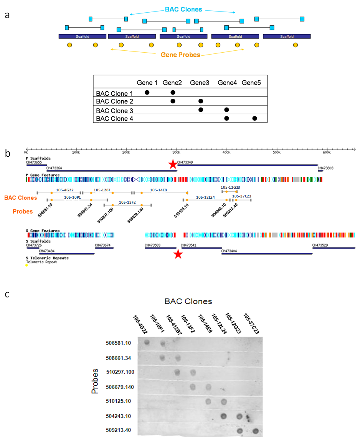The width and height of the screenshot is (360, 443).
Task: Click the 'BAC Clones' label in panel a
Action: tap(183, 9)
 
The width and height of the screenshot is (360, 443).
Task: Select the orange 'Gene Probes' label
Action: tap(180, 55)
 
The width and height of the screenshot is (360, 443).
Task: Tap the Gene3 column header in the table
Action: tap(200, 83)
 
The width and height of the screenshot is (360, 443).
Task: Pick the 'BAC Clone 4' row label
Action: tap(114, 119)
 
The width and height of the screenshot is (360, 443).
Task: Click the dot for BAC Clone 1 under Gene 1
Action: tap(147, 92)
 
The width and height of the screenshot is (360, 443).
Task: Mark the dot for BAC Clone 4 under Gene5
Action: tap(254, 118)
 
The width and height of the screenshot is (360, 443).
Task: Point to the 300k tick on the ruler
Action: tap(176, 149)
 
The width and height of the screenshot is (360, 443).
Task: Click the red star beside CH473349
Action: tap(173, 164)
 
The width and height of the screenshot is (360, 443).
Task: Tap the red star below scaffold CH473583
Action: tap(178, 254)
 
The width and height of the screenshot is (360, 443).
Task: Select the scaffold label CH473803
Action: tap(325, 168)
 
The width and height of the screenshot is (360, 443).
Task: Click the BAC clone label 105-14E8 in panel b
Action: tap(158, 190)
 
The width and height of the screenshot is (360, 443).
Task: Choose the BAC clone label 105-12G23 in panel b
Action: tap(230, 187)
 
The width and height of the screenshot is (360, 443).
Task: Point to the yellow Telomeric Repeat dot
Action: tap(26, 265)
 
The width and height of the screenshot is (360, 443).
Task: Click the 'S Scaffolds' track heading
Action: tap(38, 241)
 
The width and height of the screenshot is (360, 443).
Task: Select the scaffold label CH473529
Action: tap(320, 245)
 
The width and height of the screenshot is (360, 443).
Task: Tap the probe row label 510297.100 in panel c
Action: tap(120, 372)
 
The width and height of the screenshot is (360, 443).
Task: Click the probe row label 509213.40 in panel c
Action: tap(118, 430)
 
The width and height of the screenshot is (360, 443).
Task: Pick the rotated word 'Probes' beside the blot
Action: tap(95, 381)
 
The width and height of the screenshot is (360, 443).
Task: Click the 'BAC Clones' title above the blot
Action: tap(188, 302)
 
